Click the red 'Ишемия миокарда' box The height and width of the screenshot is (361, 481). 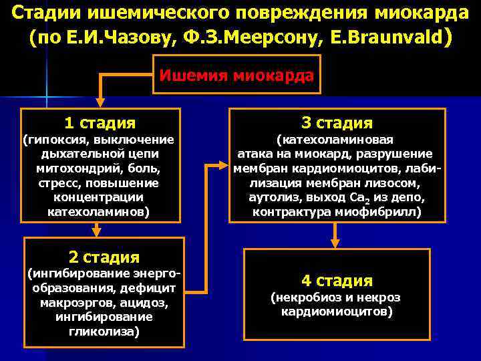[x=236, y=76]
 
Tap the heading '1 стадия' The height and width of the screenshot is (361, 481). [x=100, y=123]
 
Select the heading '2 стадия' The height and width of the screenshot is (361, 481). [x=104, y=257]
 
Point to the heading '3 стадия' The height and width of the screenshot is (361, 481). [x=337, y=122]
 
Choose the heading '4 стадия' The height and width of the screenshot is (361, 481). [x=337, y=281]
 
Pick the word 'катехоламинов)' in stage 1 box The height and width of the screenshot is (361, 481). [x=100, y=211]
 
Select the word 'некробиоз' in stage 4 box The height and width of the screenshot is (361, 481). [x=301, y=297]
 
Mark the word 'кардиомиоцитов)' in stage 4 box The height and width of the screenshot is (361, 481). [x=337, y=312]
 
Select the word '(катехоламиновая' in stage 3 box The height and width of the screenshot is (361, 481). [x=335, y=140]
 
